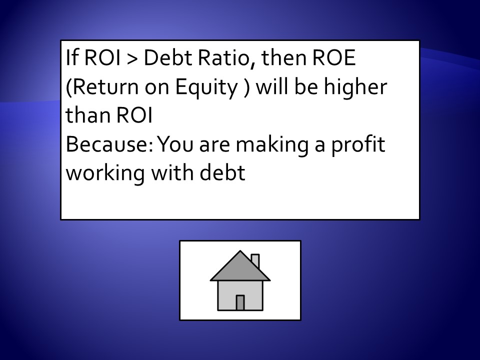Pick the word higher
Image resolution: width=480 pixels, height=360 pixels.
(x=355, y=86)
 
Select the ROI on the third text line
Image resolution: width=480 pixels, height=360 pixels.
(x=134, y=115)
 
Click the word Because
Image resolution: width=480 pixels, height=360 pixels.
(x=109, y=144)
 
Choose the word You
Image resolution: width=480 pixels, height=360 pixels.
(x=175, y=144)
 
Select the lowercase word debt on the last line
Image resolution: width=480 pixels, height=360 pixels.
(x=222, y=172)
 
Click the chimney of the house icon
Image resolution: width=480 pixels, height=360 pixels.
(x=255, y=261)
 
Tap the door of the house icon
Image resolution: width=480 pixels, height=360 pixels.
(x=240, y=303)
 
